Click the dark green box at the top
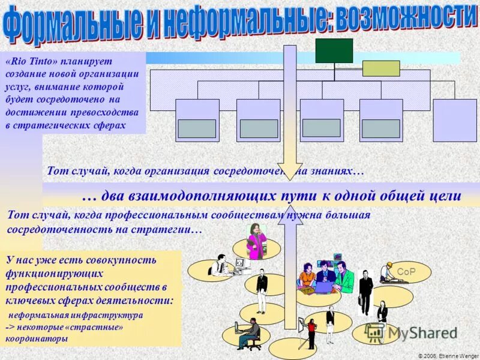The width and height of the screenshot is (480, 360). coord(334,50)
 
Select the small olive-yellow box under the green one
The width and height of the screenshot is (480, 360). coord(381,68)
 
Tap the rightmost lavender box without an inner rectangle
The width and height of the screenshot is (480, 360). coord(455,120)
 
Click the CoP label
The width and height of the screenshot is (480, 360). coord(406,271)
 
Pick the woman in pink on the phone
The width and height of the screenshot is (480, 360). coord(257,240)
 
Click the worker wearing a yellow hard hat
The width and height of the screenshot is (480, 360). coord(387,273)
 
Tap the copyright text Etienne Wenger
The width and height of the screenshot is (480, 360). coord(459,356)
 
